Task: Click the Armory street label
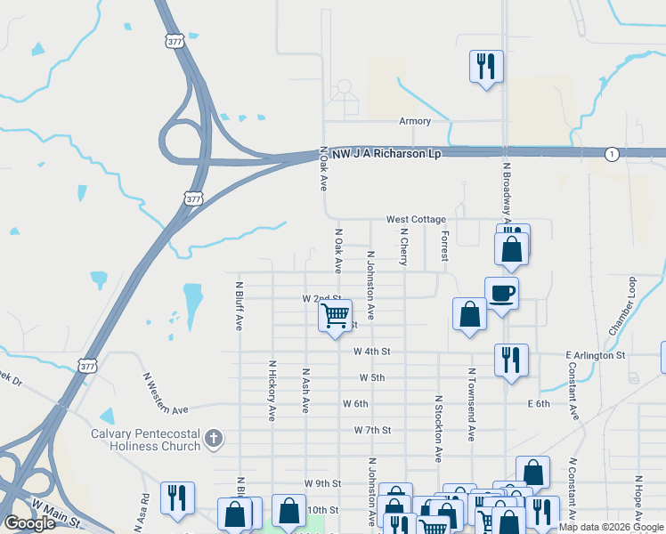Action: point(415,121)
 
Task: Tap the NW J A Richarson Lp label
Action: point(386,154)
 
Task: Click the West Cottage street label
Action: point(416,219)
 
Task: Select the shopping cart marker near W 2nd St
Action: point(336,316)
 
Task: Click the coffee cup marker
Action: point(501,294)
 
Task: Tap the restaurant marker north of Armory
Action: point(486,67)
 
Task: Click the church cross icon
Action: point(213,438)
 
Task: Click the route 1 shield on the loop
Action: point(611,154)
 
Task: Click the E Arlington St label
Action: point(596,355)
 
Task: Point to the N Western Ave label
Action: point(166,393)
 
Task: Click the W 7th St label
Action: point(372,430)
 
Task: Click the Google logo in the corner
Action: point(29,523)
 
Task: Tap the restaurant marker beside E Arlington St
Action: point(511,360)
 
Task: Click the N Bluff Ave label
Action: point(240,307)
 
